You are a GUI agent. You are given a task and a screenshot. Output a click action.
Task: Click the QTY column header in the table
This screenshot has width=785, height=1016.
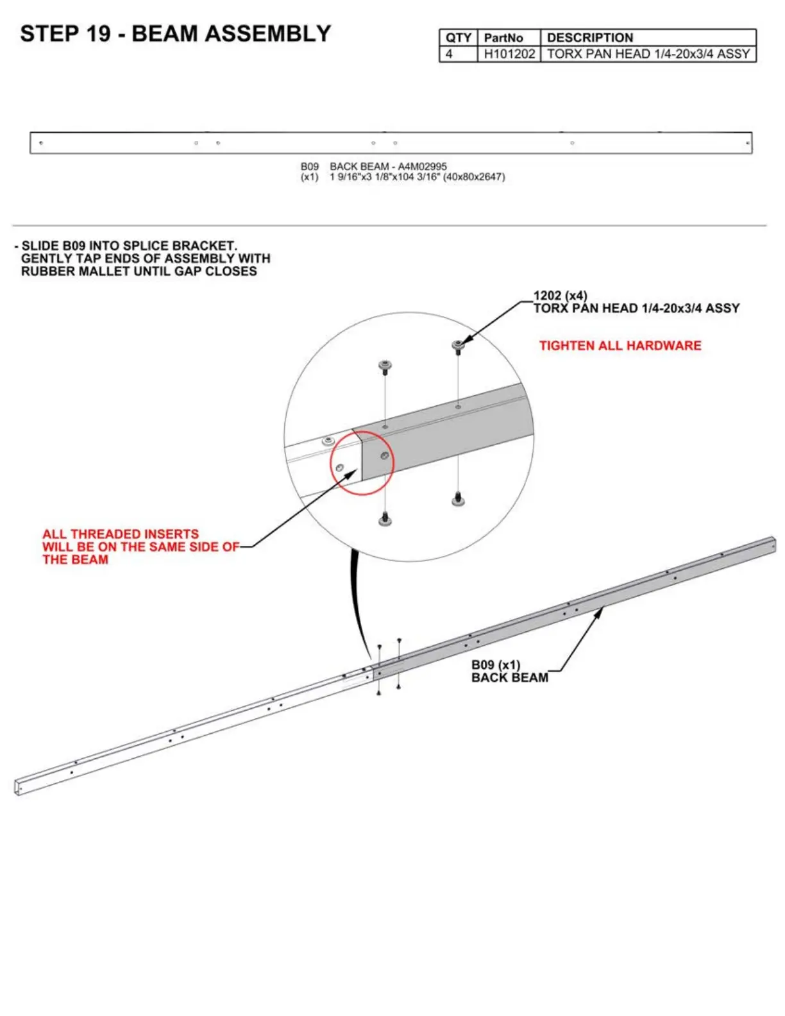click(458, 38)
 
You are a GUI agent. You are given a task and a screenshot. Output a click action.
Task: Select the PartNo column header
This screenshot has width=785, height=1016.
click(503, 38)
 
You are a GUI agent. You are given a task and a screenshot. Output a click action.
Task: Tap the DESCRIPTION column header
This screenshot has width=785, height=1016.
click(590, 38)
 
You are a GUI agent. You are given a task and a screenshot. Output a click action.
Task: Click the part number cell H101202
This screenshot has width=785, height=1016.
click(509, 54)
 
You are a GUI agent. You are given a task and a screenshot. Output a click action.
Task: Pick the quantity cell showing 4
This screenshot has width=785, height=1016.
click(449, 54)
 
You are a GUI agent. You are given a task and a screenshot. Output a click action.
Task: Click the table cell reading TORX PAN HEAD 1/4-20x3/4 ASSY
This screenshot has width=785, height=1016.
click(648, 54)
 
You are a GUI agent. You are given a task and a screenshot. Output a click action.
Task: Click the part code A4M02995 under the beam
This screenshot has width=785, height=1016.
click(422, 166)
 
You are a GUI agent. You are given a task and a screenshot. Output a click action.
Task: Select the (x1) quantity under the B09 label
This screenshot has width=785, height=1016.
click(310, 177)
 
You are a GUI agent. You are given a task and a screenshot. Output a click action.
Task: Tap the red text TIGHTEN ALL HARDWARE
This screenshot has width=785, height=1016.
click(620, 346)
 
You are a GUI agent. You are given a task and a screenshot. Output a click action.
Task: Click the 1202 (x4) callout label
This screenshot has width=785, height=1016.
click(560, 296)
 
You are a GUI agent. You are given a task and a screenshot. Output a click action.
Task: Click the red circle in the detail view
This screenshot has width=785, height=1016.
click(362, 462)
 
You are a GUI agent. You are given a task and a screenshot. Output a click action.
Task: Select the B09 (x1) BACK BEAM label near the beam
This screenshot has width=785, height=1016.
click(509, 672)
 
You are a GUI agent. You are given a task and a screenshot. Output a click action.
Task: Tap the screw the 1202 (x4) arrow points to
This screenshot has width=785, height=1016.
click(458, 347)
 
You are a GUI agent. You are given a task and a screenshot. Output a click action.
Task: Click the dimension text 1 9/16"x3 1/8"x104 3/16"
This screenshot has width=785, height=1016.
click(384, 177)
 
